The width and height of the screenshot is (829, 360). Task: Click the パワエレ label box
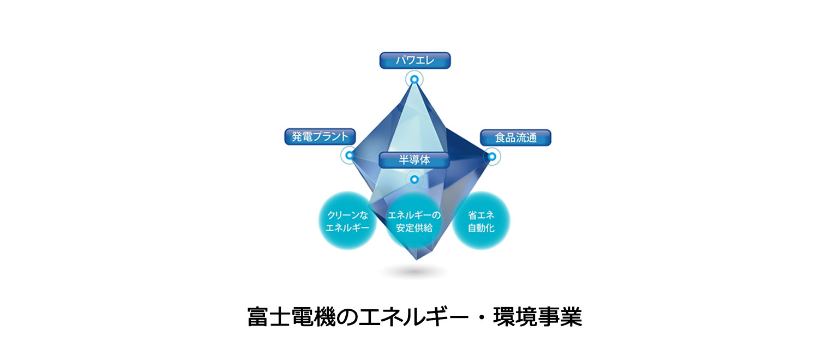click(x=415, y=61)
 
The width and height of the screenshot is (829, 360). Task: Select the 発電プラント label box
click(x=320, y=136)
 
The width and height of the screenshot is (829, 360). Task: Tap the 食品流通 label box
click(x=515, y=137)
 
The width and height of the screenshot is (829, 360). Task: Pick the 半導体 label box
click(x=414, y=160)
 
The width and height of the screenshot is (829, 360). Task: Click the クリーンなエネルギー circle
click(x=347, y=220)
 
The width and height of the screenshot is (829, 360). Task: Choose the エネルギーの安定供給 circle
click(x=414, y=220)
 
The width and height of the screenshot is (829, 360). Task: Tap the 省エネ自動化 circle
click(x=480, y=220)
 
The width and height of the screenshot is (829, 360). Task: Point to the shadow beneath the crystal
click(x=414, y=272)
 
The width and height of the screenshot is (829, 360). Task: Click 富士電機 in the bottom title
click(x=291, y=317)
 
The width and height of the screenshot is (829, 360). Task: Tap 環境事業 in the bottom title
click(x=537, y=317)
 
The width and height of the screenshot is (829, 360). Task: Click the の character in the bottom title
click(x=347, y=317)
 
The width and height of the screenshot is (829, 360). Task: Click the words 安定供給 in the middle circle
click(x=414, y=228)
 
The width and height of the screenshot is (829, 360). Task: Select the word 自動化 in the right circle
click(x=481, y=228)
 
